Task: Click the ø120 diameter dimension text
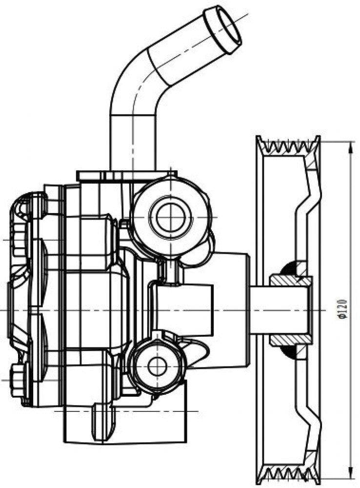coord(342,309)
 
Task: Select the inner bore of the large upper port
coord(171,217)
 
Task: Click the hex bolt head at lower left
coord(18,380)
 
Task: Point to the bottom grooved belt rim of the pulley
coord(288,475)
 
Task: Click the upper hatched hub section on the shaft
coord(291,281)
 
